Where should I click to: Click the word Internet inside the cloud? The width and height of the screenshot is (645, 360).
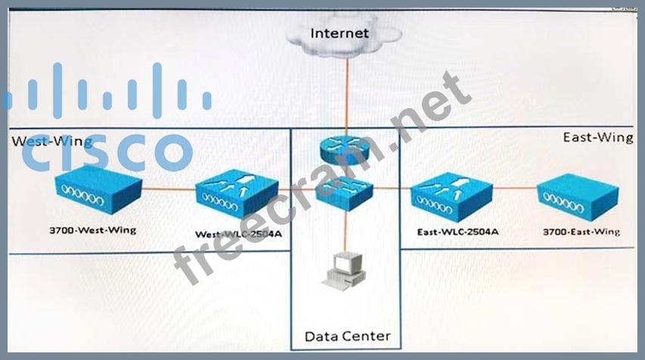click(340, 33)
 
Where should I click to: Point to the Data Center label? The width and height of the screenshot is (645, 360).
click(347, 336)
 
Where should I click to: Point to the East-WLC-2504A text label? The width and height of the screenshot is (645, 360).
click(457, 232)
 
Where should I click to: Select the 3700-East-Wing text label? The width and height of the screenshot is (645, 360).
click(580, 231)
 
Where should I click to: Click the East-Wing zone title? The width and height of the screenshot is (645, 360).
click(597, 137)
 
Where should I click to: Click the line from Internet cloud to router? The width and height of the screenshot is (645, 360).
click(346, 91)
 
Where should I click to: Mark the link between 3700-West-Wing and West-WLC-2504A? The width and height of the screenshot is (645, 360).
click(168, 191)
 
